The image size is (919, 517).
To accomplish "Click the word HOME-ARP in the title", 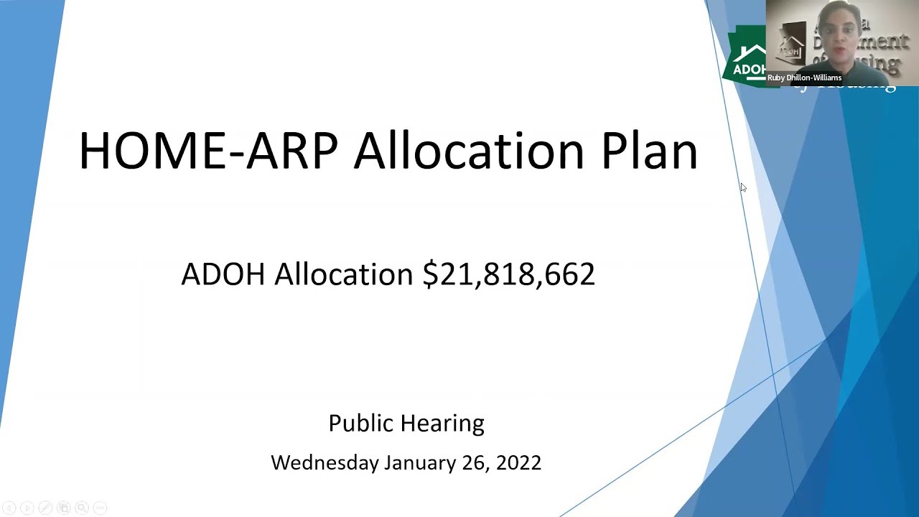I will coord(208,151).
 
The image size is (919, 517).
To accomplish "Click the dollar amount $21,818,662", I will coord(508,274).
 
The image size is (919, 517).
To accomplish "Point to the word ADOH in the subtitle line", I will coord(223,274).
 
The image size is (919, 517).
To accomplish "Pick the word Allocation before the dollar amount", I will coord(343,274).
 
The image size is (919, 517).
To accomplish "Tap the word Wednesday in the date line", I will coord(325,462).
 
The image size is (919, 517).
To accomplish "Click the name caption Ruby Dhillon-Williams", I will coord(804,78).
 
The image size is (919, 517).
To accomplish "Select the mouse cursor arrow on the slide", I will coord(743,187).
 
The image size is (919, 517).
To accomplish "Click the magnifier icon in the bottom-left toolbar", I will coord(81,508).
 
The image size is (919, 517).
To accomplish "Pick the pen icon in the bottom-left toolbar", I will coord(45,508).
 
